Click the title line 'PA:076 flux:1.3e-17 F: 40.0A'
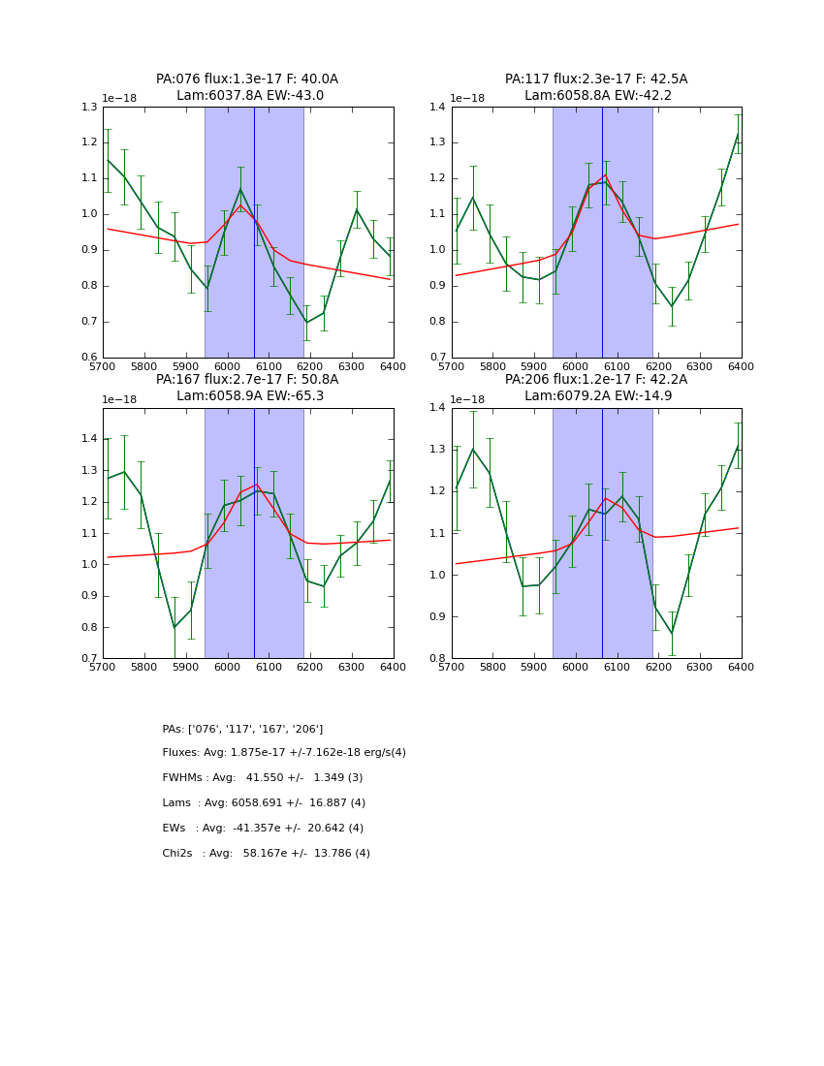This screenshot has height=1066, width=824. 247,79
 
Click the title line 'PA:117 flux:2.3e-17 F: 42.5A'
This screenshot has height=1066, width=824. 596,79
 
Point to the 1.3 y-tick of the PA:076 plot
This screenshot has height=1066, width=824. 89,107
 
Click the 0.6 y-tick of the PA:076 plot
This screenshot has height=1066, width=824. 89,358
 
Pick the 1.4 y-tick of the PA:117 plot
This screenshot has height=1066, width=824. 438,107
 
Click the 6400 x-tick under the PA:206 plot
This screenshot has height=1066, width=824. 742,670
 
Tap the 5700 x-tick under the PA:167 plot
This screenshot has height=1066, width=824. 103,670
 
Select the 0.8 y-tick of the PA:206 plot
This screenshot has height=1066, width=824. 438,659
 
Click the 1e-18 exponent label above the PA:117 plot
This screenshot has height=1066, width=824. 467,98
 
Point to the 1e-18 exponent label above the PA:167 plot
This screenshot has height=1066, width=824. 119,399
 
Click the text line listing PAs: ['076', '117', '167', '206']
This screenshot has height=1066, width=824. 242,729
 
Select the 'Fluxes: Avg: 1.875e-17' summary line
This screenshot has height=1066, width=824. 284,753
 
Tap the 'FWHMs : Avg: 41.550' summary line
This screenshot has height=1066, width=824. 263,778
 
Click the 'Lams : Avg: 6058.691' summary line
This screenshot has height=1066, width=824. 264,803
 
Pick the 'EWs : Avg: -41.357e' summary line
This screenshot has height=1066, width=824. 263,829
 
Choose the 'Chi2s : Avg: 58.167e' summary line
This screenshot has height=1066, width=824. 266,854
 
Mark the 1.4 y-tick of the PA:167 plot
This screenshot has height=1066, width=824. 89,439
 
